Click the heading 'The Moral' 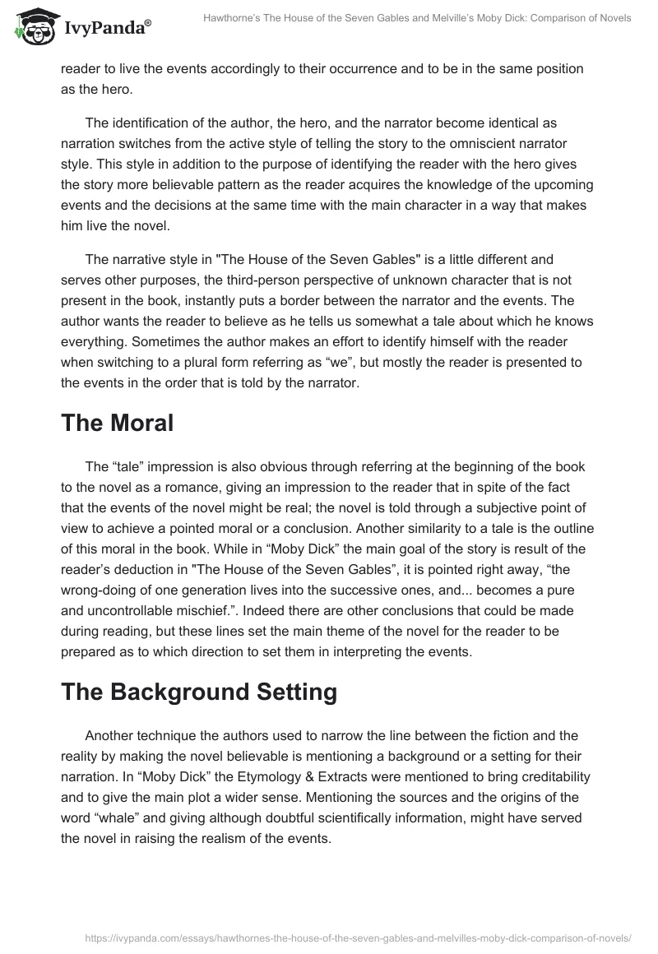pyautogui.click(x=117, y=424)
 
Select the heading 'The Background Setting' pyautogui.click(x=199, y=692)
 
